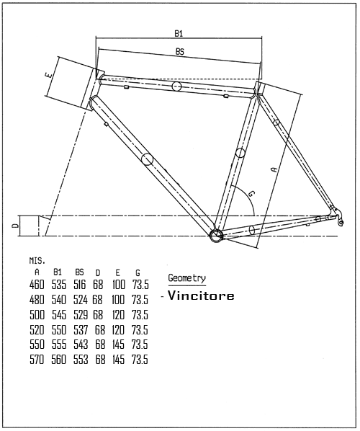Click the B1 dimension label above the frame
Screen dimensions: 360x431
pos(179,34)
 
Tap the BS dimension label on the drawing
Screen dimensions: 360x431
pos(180,51)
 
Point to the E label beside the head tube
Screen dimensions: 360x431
pos(49,75)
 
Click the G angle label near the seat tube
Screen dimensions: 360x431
pos(251,193)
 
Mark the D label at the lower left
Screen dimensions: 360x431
pos(17,226)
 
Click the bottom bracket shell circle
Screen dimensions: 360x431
pos(217,236)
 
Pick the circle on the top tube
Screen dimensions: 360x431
pos(176,86)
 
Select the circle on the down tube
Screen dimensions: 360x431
pos(147,159)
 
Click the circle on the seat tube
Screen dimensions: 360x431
pos(240,153)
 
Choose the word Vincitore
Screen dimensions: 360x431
pos(201,296)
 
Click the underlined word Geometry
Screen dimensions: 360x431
pos(186,278)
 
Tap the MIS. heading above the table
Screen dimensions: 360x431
pos(37,261)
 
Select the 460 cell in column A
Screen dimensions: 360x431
pos(37,285)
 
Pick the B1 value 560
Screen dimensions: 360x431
pos(59,359)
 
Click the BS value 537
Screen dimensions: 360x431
pos(81,330)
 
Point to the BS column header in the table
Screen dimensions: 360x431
pos(79,272)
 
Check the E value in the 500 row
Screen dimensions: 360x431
pos(119,315)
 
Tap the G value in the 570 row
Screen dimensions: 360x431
pos(140,359)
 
